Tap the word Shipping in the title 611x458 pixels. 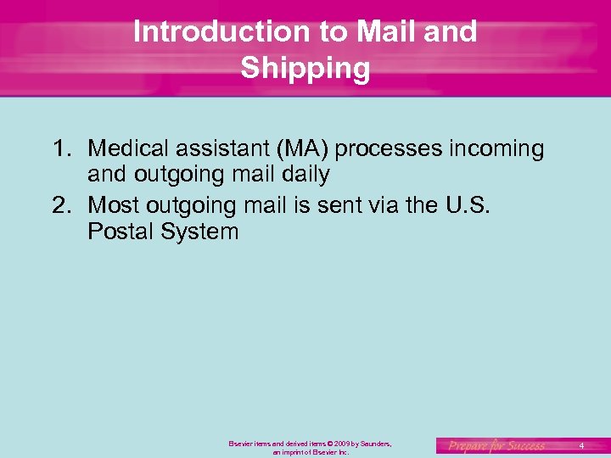[x=305, y=69]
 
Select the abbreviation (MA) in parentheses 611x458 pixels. [x=300, y=149]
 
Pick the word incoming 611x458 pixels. [x=496, y=149]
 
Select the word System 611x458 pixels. [x=200, y=231]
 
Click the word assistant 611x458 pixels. [x=222, y=149]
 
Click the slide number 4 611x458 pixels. [x=581, y=445]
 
